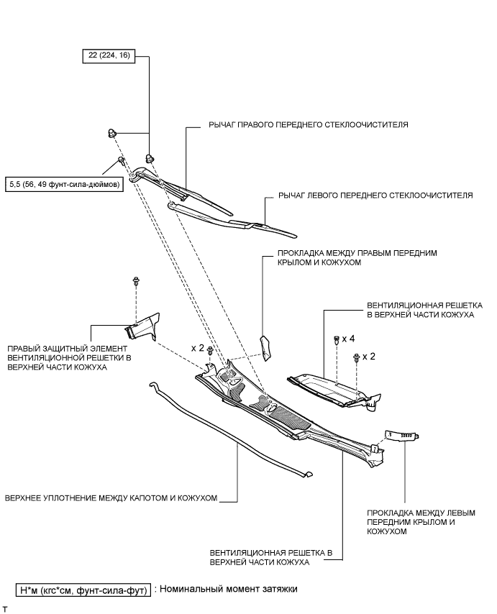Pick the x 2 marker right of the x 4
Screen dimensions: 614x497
(x=369, y=357)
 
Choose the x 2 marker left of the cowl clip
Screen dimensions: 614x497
(x=197, y=347)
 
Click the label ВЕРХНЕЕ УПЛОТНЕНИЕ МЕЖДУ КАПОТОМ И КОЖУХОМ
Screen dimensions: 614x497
(x=111, y=497)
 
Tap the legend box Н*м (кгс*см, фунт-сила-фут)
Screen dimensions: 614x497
(x=84, y=590)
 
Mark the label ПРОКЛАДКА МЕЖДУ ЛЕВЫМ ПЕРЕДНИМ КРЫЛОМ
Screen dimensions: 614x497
(x=420, y=523)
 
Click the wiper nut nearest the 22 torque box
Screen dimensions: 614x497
(x=112, y=132)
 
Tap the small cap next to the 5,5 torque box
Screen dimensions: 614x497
(x=122, y=160)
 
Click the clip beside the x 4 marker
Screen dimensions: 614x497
(x=336, y=339)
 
